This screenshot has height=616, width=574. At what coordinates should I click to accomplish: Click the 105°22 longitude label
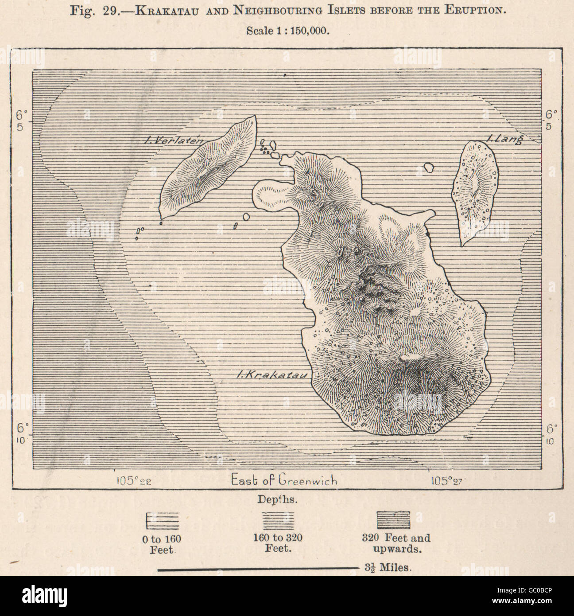coord(133,480)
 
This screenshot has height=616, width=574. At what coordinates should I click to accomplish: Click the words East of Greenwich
coord(283,480)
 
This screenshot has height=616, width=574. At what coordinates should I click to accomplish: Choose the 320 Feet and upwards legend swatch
coord(393,520)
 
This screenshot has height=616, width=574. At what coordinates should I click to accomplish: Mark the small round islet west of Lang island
coord(428,168)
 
